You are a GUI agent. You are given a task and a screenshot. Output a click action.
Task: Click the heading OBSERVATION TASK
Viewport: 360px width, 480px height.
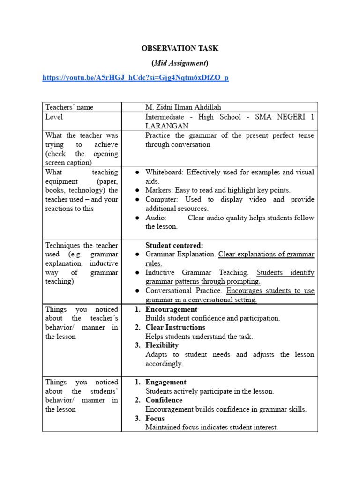point(180,48)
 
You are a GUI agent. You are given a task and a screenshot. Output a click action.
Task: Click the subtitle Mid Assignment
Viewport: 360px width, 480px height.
point(180,63)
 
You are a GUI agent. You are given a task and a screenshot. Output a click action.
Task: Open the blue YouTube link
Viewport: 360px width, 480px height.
point(135,77)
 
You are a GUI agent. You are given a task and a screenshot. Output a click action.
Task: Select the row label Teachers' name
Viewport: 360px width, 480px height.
point(69,107)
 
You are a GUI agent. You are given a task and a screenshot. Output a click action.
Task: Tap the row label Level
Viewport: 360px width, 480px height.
point(54,117)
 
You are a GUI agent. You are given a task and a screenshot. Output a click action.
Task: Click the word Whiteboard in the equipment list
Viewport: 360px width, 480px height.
point(164,172)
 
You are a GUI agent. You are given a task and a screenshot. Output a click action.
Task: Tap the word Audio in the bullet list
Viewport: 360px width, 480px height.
point(155,217)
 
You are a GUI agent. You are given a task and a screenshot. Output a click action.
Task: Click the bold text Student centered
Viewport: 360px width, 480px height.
point(174,245)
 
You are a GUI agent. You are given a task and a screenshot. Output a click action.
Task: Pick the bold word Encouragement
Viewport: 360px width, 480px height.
point(172,309)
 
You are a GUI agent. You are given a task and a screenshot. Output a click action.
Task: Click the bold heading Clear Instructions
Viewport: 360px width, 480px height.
point(175,327)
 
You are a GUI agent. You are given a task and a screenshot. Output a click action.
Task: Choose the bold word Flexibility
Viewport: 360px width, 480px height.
point(162,345)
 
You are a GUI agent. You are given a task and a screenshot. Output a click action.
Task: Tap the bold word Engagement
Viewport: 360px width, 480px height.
point(166,382)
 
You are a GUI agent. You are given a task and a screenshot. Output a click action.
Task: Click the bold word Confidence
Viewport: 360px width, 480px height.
point(164,400)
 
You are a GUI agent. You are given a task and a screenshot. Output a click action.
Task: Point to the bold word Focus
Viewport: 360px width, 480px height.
point(155,418)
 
